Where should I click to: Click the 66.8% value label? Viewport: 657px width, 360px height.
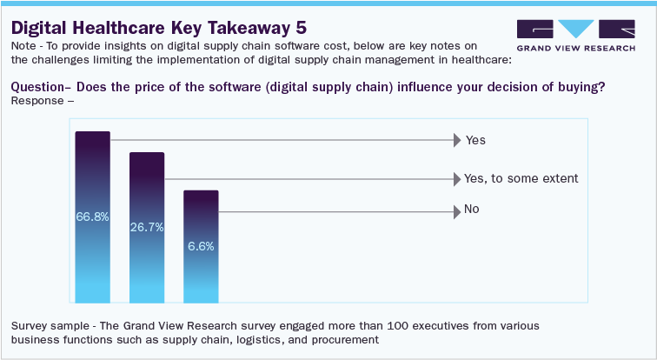pyautogui.click(x=92, y=217)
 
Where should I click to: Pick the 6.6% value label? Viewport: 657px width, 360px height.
pyautogui.click(x=201, y=246)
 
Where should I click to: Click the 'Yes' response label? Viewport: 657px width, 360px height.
pyautogui.click(x=475, y=140)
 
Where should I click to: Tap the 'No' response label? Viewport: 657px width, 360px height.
pyautogui.click(x=472, y=210)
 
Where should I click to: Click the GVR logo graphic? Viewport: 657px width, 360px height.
pyautogui.click(x=573, y=28)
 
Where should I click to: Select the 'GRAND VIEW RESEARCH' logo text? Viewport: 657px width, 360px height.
pyautogui.click(x=573, y=50)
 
